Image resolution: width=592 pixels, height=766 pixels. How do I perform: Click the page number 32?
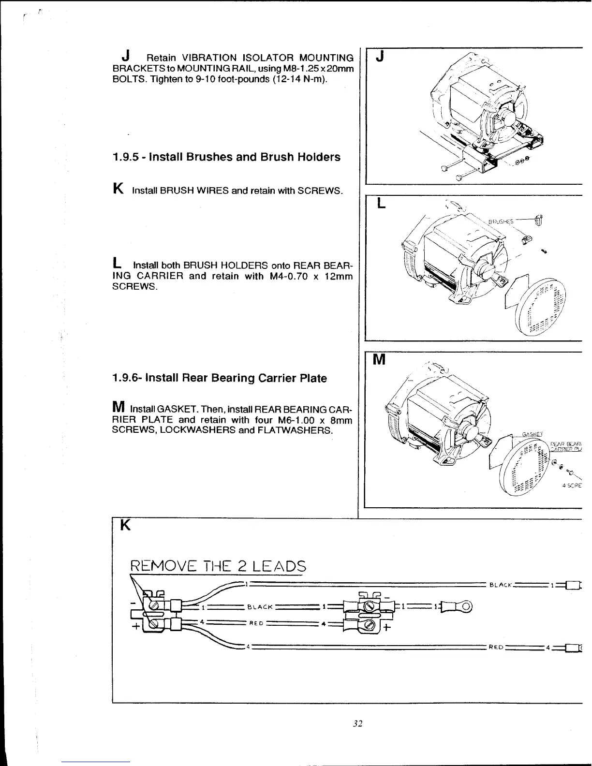pyautogui.click(x=357, y=724)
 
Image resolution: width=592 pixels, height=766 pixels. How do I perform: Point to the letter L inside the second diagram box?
pyautogui.click(x=381, y=205)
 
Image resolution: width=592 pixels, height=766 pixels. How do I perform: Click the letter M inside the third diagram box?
pyautogui.click(x=380, y=360)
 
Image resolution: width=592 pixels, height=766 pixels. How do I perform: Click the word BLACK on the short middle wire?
pyautogui.click(x=260, y=606)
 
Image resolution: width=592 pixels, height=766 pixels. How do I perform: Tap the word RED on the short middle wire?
pyautogui.click(x=256, y=624)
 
